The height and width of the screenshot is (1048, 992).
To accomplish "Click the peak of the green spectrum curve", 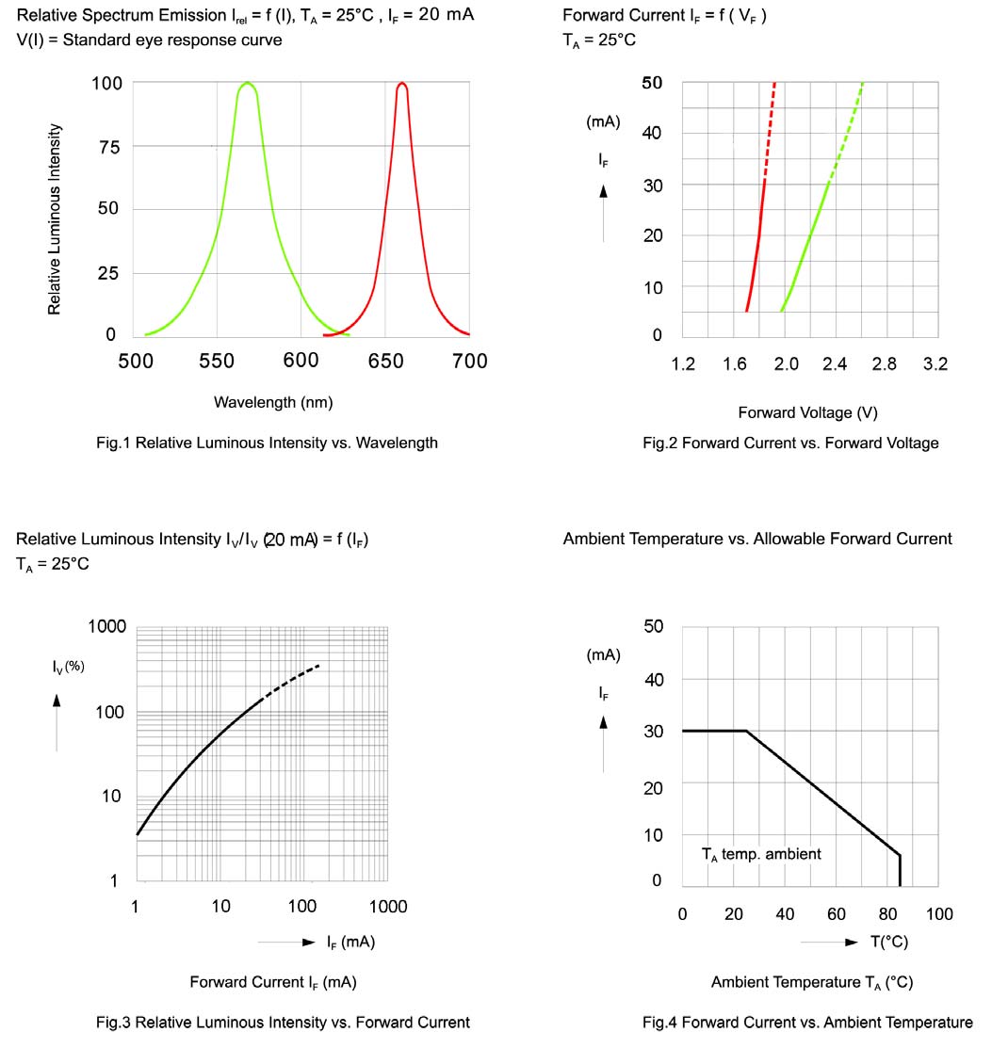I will point(247,84).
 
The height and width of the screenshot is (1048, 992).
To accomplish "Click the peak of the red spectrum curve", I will point(402,84).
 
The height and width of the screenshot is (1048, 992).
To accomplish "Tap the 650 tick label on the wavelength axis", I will point(384,361).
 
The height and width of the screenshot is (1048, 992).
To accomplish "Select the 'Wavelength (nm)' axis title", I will point(273,402).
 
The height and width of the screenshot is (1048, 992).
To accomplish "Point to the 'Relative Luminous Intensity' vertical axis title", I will point(55,218).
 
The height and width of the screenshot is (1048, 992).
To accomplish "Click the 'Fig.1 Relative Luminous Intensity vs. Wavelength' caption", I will point(267,443).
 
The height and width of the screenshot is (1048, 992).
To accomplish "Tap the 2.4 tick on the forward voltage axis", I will point(835,364).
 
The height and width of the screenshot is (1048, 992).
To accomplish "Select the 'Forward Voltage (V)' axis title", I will point(808,412).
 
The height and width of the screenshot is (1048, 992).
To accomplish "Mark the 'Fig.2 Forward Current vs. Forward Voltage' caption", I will point(790,443).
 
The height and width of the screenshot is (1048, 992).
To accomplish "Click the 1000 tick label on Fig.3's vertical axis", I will point(107,627).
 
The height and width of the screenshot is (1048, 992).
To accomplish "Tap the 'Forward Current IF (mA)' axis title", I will point(273,982).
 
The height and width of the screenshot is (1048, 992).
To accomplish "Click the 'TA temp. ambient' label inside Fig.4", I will point(761,854).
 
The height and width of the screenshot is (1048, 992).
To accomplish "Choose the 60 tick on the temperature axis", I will point(836,914).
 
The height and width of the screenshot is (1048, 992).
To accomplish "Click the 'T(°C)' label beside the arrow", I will point(888,942).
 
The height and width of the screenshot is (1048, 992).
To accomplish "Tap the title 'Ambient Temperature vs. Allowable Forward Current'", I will point(757,539).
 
